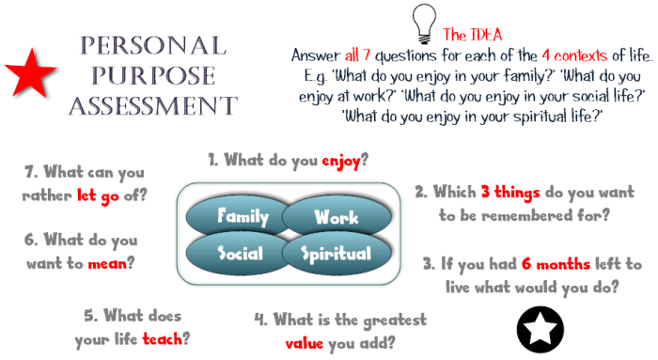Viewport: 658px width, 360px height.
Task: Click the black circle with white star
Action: tap(540, 327)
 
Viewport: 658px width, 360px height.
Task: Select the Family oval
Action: tap(243, 217)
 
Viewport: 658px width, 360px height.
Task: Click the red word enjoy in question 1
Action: tap(341, 160)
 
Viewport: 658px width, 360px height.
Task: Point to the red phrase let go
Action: tap(115, 196)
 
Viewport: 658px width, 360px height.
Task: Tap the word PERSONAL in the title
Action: tap(152, 45)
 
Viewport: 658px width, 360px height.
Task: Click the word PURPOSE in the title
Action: tap(152, 74)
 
